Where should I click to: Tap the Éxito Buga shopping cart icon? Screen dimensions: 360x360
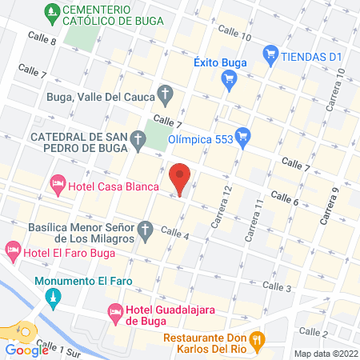(x=230, y=78)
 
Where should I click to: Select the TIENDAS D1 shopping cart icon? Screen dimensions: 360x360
(x=270, y=55)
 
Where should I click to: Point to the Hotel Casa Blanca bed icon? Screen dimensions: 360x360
(x=58, y=186)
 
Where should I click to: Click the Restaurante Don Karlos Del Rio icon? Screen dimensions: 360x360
(x=257, y=339)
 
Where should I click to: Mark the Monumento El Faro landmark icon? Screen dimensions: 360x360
(x=54, y=299)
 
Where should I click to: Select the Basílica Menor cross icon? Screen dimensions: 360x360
(x=145, y=232)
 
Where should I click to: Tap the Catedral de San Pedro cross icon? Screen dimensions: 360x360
(x=138, y=143)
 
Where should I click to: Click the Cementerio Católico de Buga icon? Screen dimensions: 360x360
(x=53, y=13)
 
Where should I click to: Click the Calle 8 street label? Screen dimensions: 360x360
(x=42, y=38)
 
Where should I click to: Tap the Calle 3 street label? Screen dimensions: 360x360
(x=277, y=286)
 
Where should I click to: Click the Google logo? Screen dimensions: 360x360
(x=26, y=350)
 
